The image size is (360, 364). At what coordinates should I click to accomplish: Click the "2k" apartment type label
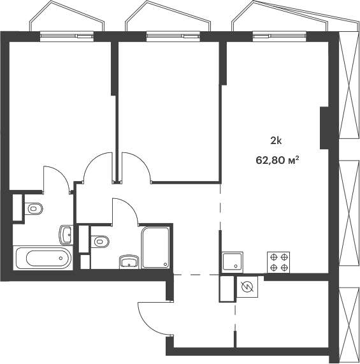pos(276,141)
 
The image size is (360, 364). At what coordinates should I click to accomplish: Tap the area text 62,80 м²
pos(277,160)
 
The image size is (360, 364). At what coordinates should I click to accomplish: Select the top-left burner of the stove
pos(274,257)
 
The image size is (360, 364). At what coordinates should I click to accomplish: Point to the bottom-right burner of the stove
pos(284,268)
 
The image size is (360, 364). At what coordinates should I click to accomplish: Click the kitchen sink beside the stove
pos(233,262)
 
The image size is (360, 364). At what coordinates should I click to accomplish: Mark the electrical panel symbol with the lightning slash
pos(247,286)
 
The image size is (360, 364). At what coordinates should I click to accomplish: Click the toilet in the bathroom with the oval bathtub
pos(34,208)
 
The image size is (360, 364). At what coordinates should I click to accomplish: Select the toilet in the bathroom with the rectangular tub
pos(101,241)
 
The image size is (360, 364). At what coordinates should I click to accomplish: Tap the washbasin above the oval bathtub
pos(66,235)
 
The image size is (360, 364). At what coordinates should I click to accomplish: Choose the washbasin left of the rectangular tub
pos(129,262)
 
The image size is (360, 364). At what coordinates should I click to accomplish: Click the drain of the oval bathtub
pos(61,258)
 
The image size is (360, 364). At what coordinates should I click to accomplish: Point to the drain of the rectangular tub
pos(165,264)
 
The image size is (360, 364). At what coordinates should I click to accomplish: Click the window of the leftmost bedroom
pos(67,36)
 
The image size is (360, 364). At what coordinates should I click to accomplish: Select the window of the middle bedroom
pos(173,36)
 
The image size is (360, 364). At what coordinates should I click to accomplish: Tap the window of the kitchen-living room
pos(280,36)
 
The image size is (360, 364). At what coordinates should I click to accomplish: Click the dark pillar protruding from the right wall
pos(324,127)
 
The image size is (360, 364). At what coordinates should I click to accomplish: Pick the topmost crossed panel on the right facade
pos(349,85)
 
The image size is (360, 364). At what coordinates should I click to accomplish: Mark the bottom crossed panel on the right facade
pos(349,326)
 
